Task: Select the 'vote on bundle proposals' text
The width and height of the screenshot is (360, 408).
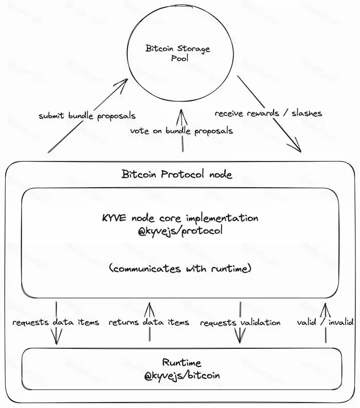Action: tap(181, 131)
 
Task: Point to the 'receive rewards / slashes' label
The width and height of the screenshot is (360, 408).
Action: tap(268, 113)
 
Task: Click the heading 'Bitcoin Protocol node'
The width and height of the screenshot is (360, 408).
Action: tap(177, 174)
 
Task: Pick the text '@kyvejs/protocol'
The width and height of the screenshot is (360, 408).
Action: tap(180, 230)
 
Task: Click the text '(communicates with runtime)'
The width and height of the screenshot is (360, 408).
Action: tap(180, 268)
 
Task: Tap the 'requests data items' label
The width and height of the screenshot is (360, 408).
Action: tap(56, 323)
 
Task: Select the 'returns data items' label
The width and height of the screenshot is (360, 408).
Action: tap(149, 323)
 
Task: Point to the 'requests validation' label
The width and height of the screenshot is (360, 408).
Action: tap(240, 323)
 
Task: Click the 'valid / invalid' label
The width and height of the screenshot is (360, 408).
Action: tap(325, 323)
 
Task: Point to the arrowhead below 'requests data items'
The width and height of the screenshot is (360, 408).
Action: tap(56, 342)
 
